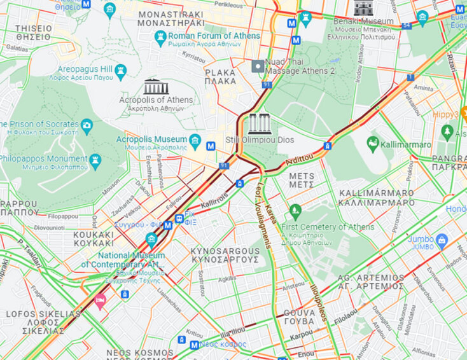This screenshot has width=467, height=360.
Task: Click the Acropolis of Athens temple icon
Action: pos(156,87)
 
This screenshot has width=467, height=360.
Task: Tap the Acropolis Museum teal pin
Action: pos(195,139)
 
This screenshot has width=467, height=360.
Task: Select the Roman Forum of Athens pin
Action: pos(160,36)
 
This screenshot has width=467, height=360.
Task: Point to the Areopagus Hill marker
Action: pos(120,69)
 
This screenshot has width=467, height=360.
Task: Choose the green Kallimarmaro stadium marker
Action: pos(373,144)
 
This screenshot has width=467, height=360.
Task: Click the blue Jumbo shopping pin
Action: pos(442,239)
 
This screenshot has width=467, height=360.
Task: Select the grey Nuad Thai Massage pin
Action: pos(258,66)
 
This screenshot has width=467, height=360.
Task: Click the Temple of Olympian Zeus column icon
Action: pos(260,123)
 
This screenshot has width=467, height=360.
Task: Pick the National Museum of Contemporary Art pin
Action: pos(151,240)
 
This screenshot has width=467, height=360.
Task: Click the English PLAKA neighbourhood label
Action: pos(220,73)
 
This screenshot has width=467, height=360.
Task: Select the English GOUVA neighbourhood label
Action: pos(300,313)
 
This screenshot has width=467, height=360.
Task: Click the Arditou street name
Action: pos(300,158)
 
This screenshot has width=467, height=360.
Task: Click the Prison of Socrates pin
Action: pos(87,124)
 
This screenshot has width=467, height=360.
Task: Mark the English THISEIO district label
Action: pos(34,29)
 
